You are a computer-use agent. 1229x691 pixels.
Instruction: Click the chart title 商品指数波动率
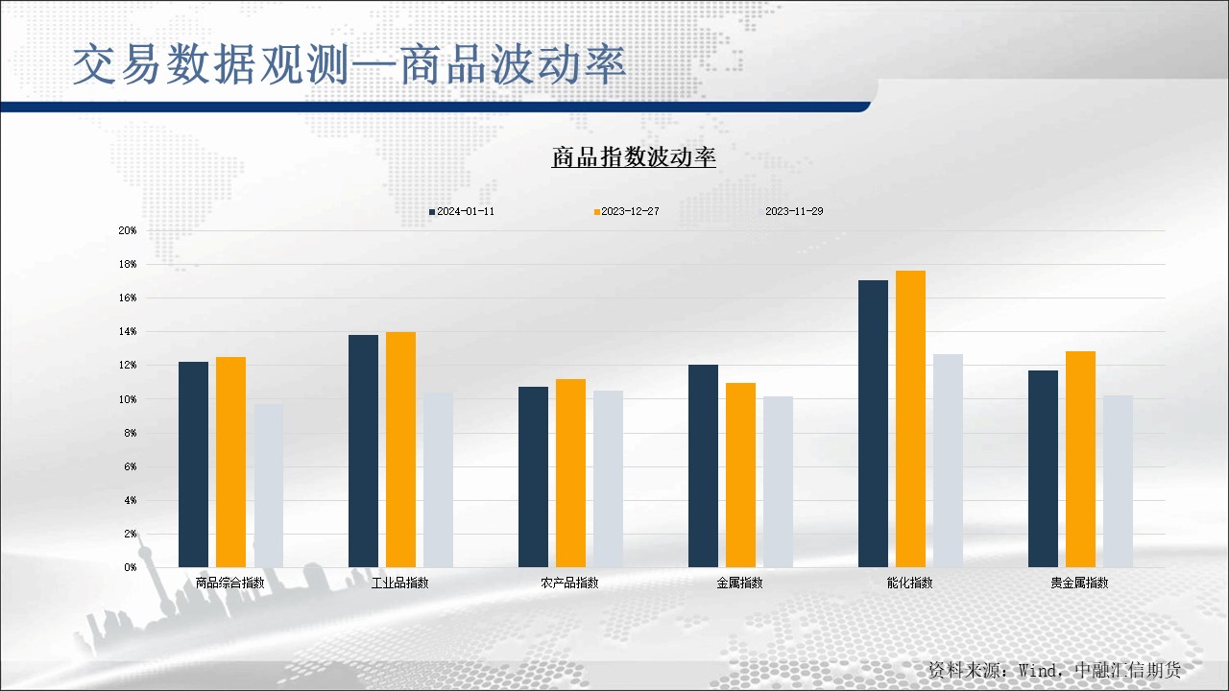click(634, 158)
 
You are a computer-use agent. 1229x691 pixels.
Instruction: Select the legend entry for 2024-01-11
click(462, 211)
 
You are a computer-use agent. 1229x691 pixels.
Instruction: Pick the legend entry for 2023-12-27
click(626, 211)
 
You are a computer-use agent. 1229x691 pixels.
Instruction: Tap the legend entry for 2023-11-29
click(794, 211)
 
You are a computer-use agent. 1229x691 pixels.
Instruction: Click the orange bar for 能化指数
click(910, 418)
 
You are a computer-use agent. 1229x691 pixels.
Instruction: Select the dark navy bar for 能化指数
click(873, 423)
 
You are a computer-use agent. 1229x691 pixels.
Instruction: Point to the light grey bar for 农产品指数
click(608, 478)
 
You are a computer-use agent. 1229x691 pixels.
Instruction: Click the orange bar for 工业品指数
click(400, 449)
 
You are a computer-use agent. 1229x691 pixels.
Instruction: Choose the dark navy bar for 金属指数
click(703, 465)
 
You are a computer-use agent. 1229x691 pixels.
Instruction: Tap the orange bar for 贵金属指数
click(1080, 459)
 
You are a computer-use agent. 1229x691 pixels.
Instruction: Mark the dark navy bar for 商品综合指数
click(193, 464)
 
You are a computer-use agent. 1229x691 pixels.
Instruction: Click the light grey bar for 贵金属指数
click(1118, 481)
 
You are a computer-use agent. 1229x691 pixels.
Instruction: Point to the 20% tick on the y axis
click(128, 230)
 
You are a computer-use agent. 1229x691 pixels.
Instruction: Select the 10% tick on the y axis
click(128, 399)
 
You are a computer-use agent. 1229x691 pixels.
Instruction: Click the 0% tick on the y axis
click(130, 567)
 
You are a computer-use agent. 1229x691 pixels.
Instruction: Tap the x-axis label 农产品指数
click(569, 583)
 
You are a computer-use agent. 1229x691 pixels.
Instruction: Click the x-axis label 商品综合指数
click(229, 583)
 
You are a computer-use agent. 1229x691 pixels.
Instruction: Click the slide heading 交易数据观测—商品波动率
click(349, 64)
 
